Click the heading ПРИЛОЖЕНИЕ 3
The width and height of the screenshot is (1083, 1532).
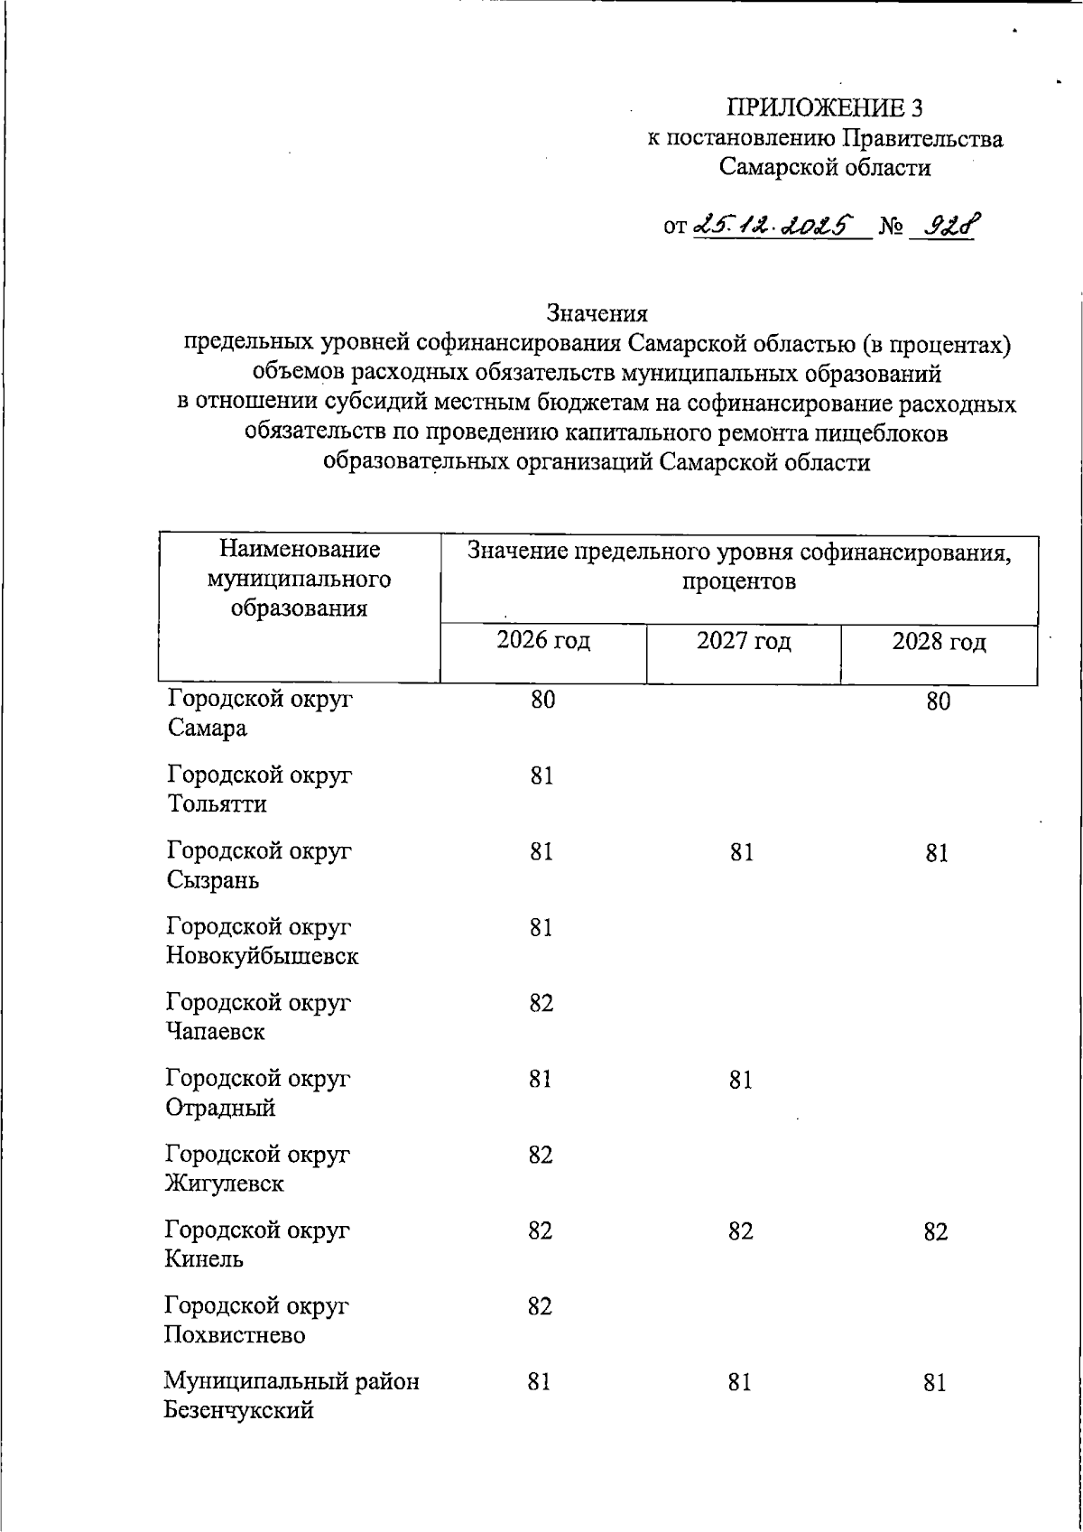tap(825, 108)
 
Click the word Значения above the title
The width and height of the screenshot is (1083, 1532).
tap(597, 313)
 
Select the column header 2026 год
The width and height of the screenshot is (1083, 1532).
tap(543, 642)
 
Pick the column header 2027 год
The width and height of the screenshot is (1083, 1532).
tap(744, 642)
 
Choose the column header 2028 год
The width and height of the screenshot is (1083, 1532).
tap(939, 643)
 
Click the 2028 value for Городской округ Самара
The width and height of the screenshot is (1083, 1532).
tap(938, 701)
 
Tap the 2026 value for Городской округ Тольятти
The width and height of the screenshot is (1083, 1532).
tap(541, 776)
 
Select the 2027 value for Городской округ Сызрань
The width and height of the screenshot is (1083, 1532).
tap(742, 853)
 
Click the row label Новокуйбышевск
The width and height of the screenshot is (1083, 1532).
tap(262, 956)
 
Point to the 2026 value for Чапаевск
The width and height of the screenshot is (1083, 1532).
tap(541, 1004)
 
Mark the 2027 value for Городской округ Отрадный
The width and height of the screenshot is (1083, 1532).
tap(741, 1080)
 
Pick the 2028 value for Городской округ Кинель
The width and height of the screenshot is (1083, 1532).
tap(936, 1231)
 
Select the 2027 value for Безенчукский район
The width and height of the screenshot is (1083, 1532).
tap(740, 1383)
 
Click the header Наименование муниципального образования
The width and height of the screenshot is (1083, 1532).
tap(299, 579)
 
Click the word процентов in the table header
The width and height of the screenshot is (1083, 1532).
tap(738, 581)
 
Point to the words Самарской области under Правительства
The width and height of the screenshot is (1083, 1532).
tap(825, 168)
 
